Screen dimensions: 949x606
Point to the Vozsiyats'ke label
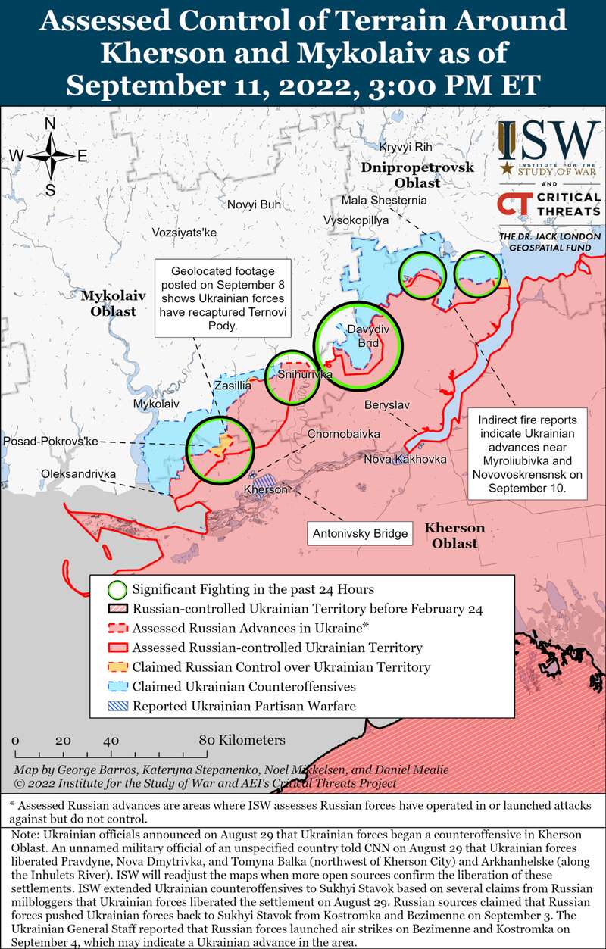(x=184, y=233)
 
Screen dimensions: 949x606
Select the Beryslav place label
(x=387, y=405)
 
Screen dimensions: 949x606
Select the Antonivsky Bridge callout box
(x=360, y=534)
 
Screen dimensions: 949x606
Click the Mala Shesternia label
(x=384, y=201)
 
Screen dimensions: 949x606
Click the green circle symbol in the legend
(x=117, y=589)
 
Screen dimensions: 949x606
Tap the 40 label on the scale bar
(x=111, y=740)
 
